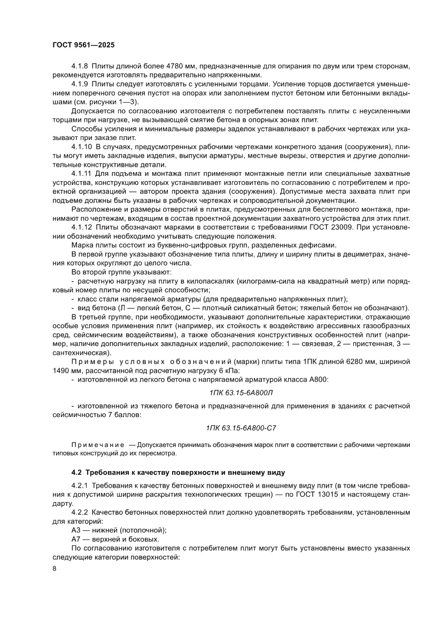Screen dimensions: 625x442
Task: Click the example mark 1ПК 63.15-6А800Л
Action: point(240,393)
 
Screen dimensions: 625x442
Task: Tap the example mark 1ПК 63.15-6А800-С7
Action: point(240,429)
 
